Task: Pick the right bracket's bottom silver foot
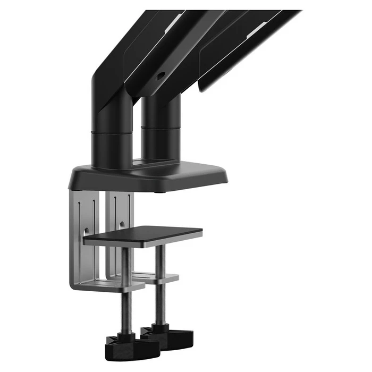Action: [x=159, y=277]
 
